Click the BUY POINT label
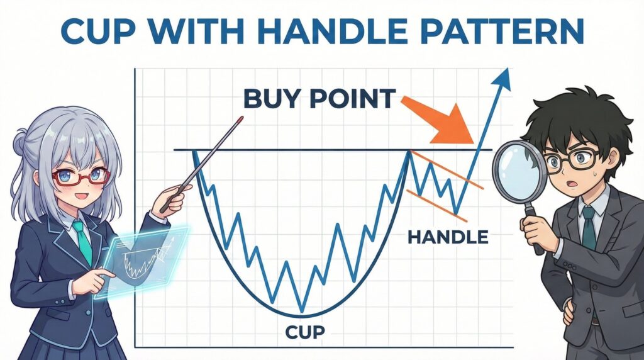319,99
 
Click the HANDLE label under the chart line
448,237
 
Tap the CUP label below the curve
305,332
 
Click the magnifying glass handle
535,228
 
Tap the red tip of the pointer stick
240,120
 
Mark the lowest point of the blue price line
303,310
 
